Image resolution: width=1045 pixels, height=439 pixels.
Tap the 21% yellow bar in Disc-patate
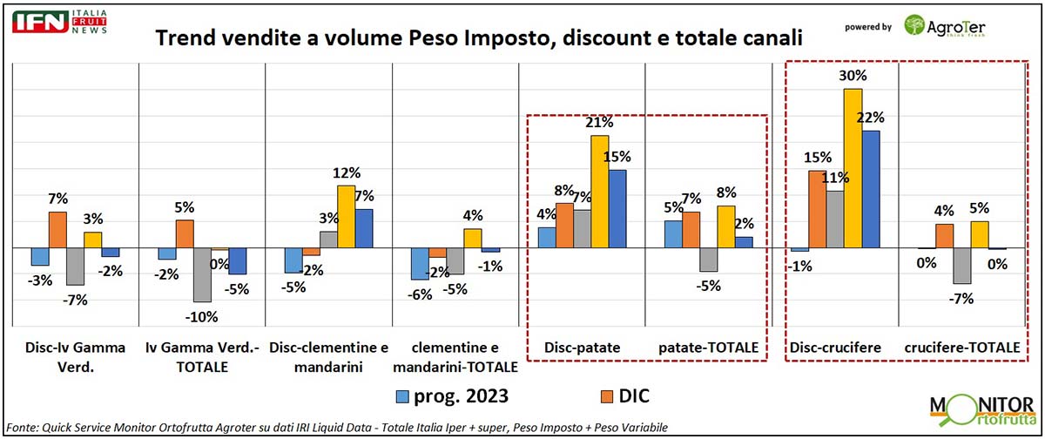[600, 192]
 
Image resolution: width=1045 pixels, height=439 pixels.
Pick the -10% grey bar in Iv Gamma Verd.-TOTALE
[202, 274]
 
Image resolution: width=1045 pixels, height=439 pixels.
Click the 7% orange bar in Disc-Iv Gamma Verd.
[57, 230]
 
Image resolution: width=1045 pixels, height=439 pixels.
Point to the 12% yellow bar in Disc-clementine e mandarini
[347, 217]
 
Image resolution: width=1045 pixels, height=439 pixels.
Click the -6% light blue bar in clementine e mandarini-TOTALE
[419, 263]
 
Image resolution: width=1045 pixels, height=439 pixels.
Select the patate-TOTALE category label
[708, 348]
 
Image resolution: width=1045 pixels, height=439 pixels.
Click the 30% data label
[853, 76]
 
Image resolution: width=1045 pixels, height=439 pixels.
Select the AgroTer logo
[950, 26]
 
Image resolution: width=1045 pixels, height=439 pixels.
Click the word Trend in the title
[185, 38]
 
